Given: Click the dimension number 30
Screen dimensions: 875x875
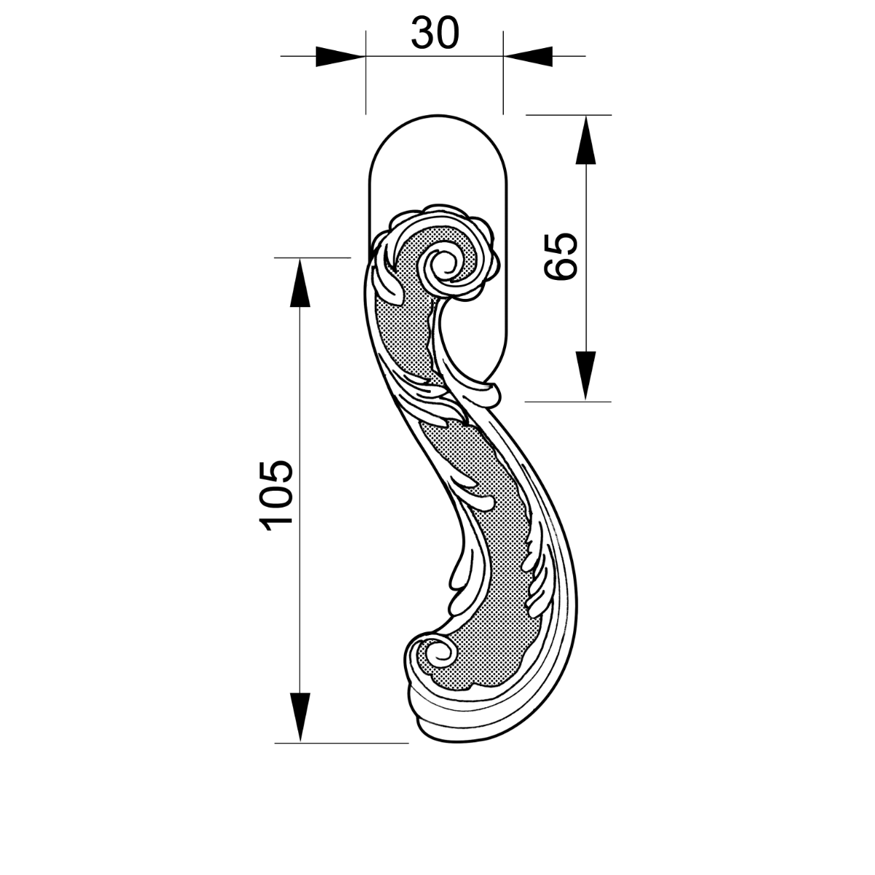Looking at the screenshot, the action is pyautogui.click(x=435, y=33).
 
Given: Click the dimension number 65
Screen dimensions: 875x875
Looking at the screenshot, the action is pyautogui.click(x=561, y=257).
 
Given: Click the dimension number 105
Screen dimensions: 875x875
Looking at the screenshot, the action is pyautogui.click(x=276, y=495).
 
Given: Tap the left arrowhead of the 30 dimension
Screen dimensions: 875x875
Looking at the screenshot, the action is pyautogui.click(x=341, y=56).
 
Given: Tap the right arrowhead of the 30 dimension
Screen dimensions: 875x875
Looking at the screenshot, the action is pyautogui.click(x=528, y=56).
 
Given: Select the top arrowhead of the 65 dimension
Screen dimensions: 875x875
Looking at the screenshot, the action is pyautogui.click(x=586, y=140).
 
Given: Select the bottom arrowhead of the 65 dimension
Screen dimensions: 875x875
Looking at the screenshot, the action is pyautogui.click(x=586, y=376).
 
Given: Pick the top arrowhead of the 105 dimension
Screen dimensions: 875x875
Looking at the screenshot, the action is pyautogui.click(x=300, y=283).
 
